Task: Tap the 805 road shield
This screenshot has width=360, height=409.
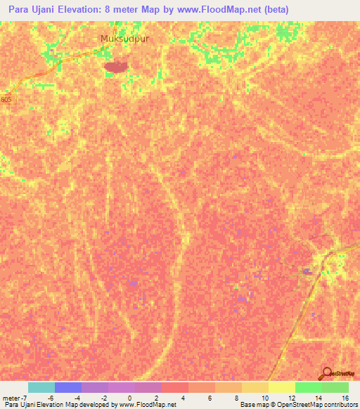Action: click(x=6, y=100)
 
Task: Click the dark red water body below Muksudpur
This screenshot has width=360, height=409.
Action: click(x=116, y=67)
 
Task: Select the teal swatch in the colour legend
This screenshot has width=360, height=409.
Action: click(x=41, y=387)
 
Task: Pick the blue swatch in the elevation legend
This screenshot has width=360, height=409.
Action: click(x=67, y=387)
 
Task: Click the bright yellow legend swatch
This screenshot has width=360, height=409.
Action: click(x=281, y=387)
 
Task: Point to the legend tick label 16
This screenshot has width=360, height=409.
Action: click(x=345, y=397)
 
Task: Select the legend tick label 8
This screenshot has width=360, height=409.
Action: click(x=238, y=397)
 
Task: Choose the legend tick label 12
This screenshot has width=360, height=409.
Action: click(x=291, y=397)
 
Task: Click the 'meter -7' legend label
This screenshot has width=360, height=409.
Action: click(x=15, y=397)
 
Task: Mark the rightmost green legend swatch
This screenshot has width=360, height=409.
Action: click(x=335, y=387)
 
